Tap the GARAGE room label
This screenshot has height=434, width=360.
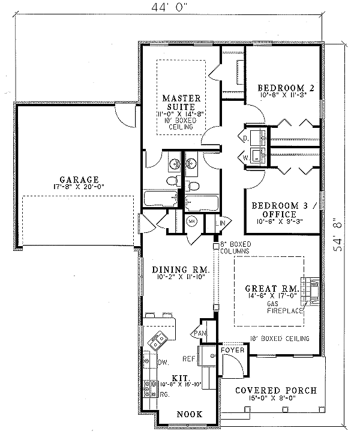pos(78,179)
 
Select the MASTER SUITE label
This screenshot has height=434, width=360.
pos(182,102)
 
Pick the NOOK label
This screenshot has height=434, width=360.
pos(188,414)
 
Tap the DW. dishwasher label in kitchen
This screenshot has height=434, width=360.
pos(161,362)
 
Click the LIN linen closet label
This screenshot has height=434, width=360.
pos(220,223)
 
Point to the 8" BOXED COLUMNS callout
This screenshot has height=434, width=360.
pos(235,247)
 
